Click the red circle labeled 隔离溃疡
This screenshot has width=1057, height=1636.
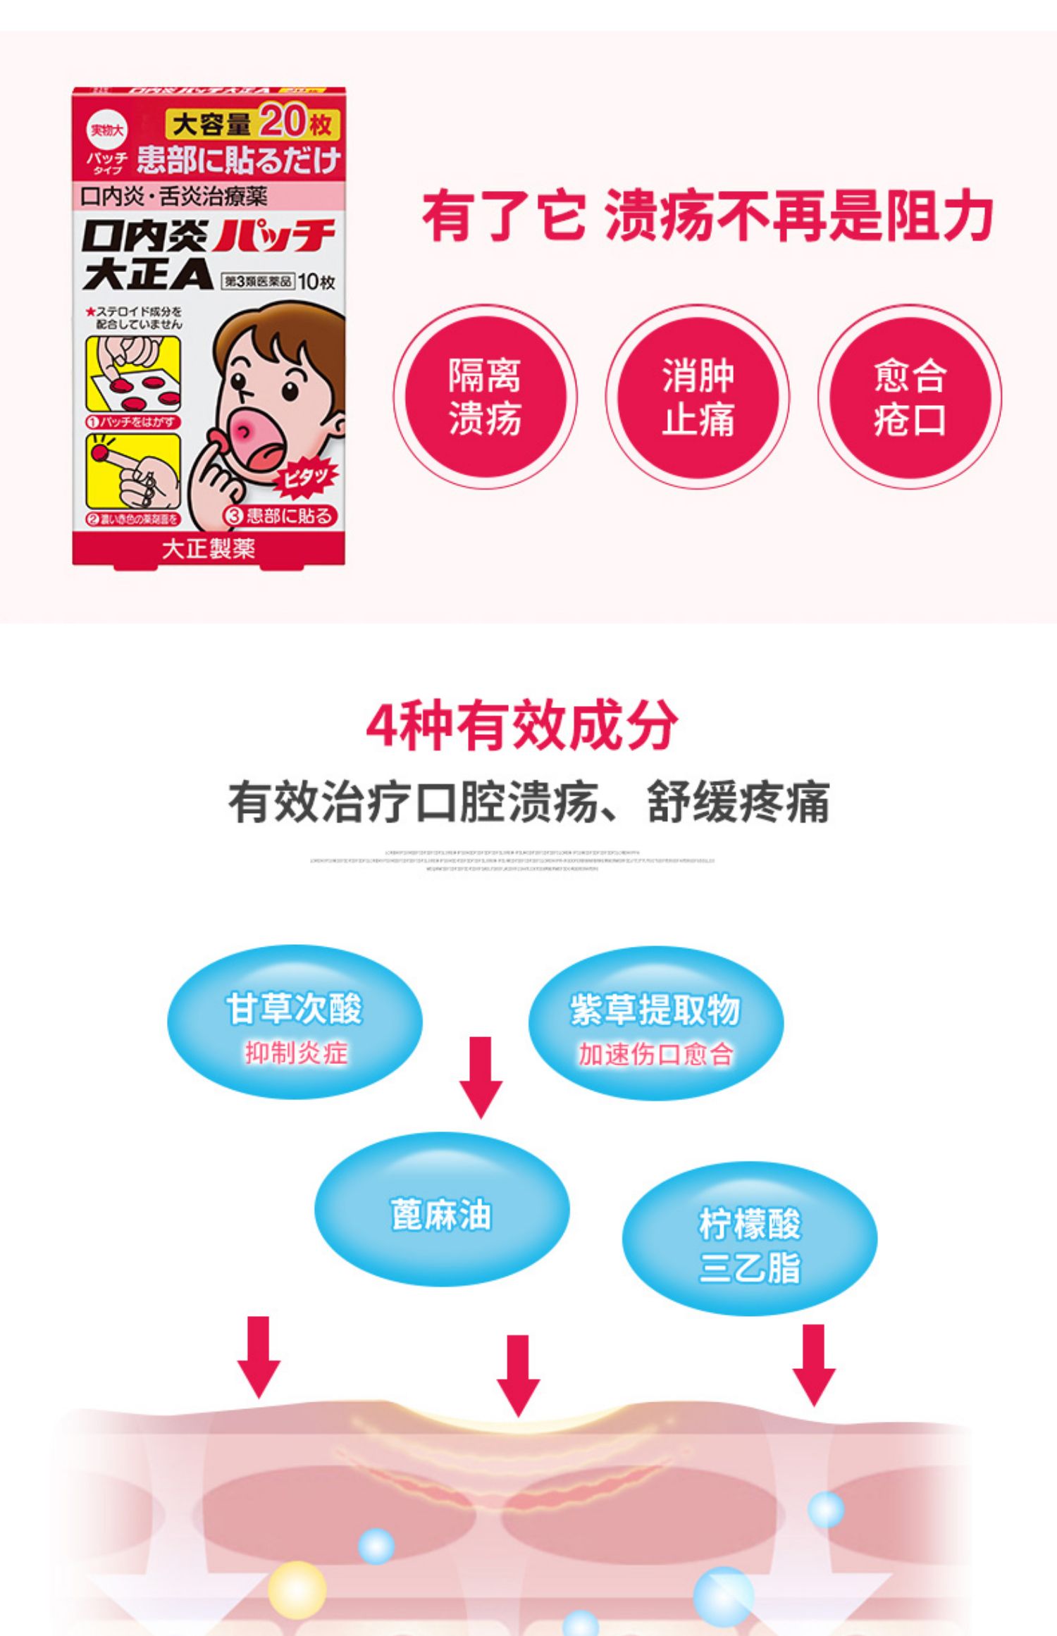485,397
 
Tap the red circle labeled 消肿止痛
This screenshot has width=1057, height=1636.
698,397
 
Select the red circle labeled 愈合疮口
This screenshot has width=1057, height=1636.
909,397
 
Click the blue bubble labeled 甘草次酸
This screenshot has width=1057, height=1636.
295,1022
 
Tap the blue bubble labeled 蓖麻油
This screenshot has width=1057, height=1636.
441,1209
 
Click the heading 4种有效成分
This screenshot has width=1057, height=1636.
521,726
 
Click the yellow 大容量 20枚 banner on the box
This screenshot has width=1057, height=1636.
252,123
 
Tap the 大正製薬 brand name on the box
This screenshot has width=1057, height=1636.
209,549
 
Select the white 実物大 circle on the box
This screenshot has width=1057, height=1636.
106,130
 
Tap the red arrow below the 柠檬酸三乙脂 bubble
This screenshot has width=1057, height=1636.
814,1364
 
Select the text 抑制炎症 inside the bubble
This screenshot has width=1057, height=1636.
296,1053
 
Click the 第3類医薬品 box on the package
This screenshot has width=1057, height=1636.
258,282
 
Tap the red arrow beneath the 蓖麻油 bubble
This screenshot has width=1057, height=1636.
518,1374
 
